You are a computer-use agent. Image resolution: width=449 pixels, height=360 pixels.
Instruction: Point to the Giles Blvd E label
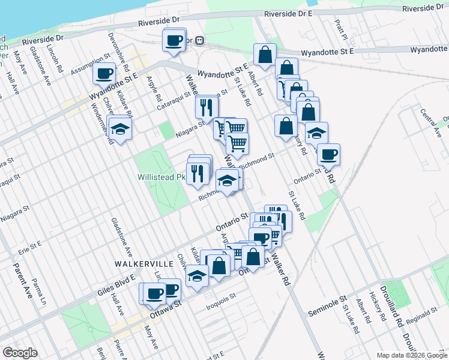click(x=114, y=288)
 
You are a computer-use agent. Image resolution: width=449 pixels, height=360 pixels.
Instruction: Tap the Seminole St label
click(x=328, y=306)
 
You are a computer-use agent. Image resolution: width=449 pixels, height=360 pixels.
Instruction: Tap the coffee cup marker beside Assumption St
click(x=104, y=74)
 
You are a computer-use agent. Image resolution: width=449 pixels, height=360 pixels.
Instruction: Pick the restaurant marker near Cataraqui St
click(x=206, y=107)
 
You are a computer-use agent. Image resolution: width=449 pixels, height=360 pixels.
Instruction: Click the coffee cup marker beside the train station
click(x=174, y=40)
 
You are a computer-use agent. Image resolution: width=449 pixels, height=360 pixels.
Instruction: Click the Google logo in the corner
click(x=20, y=353)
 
